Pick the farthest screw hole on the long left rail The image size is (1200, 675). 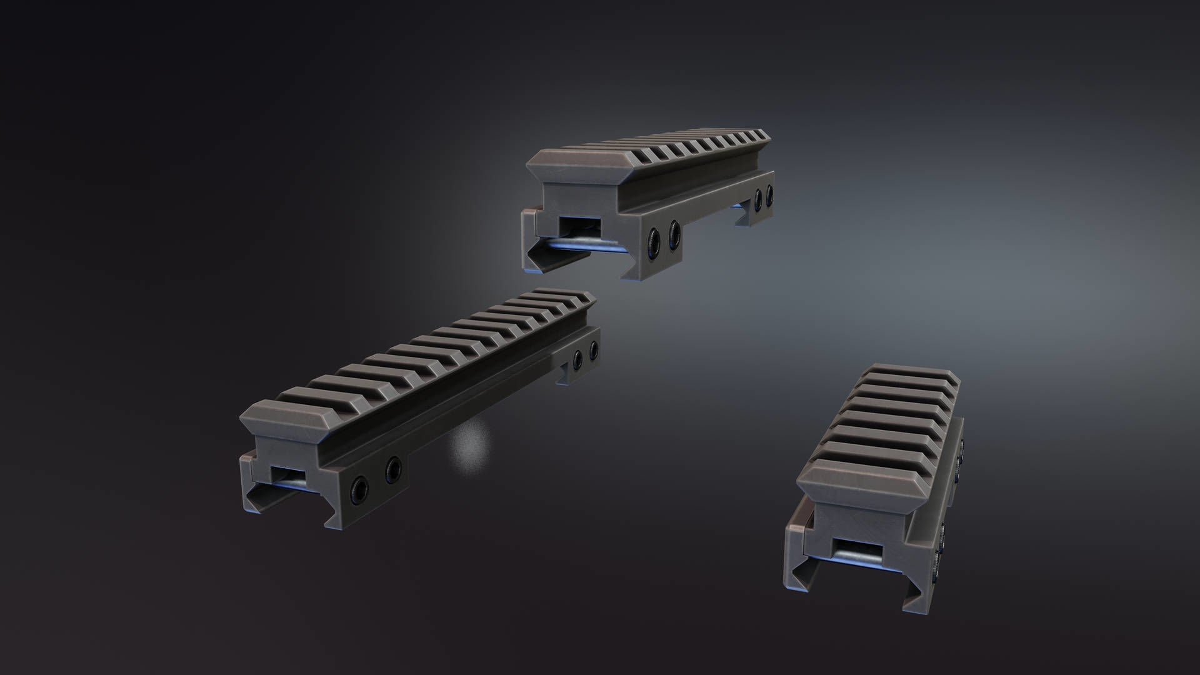592,350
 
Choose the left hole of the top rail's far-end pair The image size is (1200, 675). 759,198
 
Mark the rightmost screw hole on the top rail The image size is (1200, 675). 769,194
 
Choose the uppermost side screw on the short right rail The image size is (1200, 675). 961,445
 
